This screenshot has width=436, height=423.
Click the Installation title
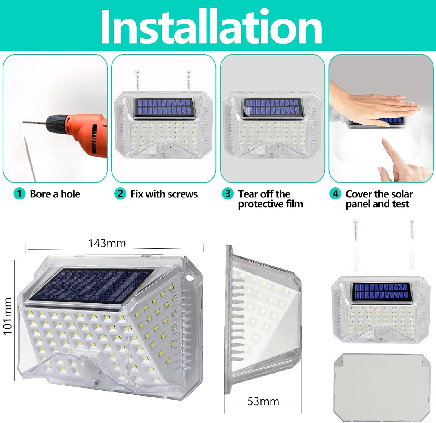click(x=211, y=27)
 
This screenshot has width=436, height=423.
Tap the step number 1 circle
click(x=19, y=194)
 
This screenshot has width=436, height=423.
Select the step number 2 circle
click(x=120, y=194)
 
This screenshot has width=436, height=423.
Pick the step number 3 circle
click(x=228, y=194)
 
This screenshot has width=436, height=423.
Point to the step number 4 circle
click(x=335, y=194)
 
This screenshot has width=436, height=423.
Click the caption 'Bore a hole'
click(x=55, y=194)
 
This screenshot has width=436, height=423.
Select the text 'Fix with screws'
click(x=164, y=194)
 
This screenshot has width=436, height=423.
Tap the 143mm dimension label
click(x=107, y=243)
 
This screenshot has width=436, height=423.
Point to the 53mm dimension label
click(x=263, y=401)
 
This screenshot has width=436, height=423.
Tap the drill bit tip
click(x=23, y=122)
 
